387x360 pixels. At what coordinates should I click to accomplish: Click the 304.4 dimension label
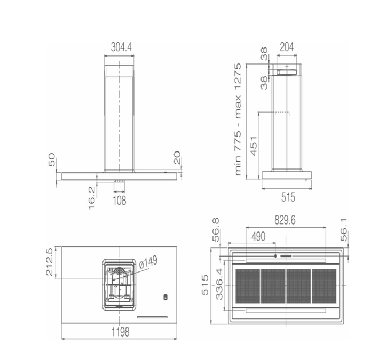(x=121, y=47)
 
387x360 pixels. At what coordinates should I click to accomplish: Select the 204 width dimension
(x=287, y=47)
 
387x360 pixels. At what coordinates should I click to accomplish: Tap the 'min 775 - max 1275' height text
(x=238, y=119)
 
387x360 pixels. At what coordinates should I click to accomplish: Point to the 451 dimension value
(x=254, y=146)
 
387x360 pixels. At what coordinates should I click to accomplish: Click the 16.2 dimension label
(x=92, y=198)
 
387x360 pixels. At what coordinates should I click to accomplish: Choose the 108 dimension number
(x=120, y=201)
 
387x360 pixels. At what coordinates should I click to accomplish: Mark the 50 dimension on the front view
(x=52, y=159)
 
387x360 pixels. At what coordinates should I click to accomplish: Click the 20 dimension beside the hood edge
(x=177, y=158)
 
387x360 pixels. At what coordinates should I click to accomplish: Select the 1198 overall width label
(x=120, y=332)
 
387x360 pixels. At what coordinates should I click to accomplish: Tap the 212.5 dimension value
(x=49, y=262)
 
